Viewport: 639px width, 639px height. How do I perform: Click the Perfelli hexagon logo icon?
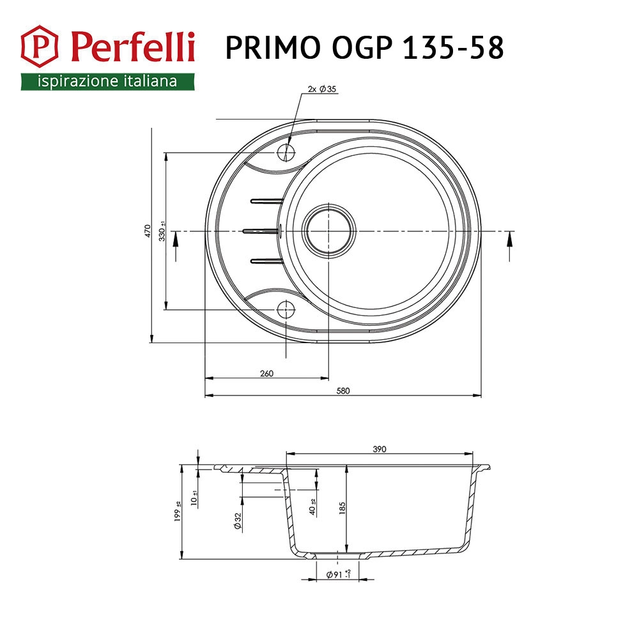(x=40, y=47)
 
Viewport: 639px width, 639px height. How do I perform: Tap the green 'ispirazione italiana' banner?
(x=107, y=82)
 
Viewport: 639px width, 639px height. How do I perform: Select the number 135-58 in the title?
(x=453, y=48)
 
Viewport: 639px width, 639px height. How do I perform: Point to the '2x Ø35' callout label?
(x=322, y=89)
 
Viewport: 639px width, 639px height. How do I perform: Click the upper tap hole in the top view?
(x=286, y=153)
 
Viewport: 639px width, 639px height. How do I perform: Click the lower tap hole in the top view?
(x=286, y=310)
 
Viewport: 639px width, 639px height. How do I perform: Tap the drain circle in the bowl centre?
(x=328, y=231)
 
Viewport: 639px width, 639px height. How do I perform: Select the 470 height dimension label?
(x=148, y=231)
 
